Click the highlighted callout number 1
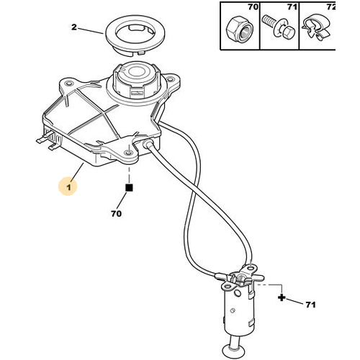pos(69,187)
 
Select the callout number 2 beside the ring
pos(74,27)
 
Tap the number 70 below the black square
pos(116,214)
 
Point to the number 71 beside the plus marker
pos(310,305)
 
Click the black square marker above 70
pos(129,188)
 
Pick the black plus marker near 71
pos(282,297)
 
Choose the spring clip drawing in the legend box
pos(318,29)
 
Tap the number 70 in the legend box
pos(253,7)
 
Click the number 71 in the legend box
pos(292,7)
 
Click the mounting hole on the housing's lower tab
pos(129,153)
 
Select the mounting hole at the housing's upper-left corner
pos(69,84)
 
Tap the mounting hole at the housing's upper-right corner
pos(170,78)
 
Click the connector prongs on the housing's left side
pos(49,141)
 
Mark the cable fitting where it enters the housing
pos(147,143)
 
